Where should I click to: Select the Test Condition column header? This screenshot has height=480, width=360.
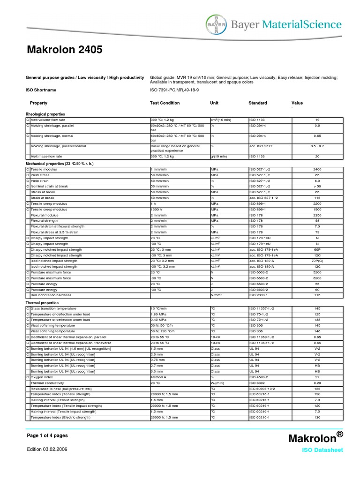point(165,103)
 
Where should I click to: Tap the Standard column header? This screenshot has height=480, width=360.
point(257,103)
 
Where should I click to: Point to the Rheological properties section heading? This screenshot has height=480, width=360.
point(45,114)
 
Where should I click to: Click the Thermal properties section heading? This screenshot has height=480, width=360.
point(42,303)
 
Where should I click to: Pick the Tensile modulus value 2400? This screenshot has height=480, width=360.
point(317,169)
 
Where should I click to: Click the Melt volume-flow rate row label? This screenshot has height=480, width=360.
point(47,120)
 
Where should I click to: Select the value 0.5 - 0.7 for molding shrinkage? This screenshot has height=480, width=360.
point(317,146)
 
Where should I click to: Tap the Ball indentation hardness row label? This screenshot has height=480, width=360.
point(51,295)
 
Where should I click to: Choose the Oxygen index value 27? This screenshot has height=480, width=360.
point(317,377)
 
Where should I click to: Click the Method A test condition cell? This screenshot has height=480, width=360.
point(158,377)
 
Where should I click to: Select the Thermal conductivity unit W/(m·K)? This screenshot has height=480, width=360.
point(217,383)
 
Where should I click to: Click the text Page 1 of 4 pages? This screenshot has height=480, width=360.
point(47,435)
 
